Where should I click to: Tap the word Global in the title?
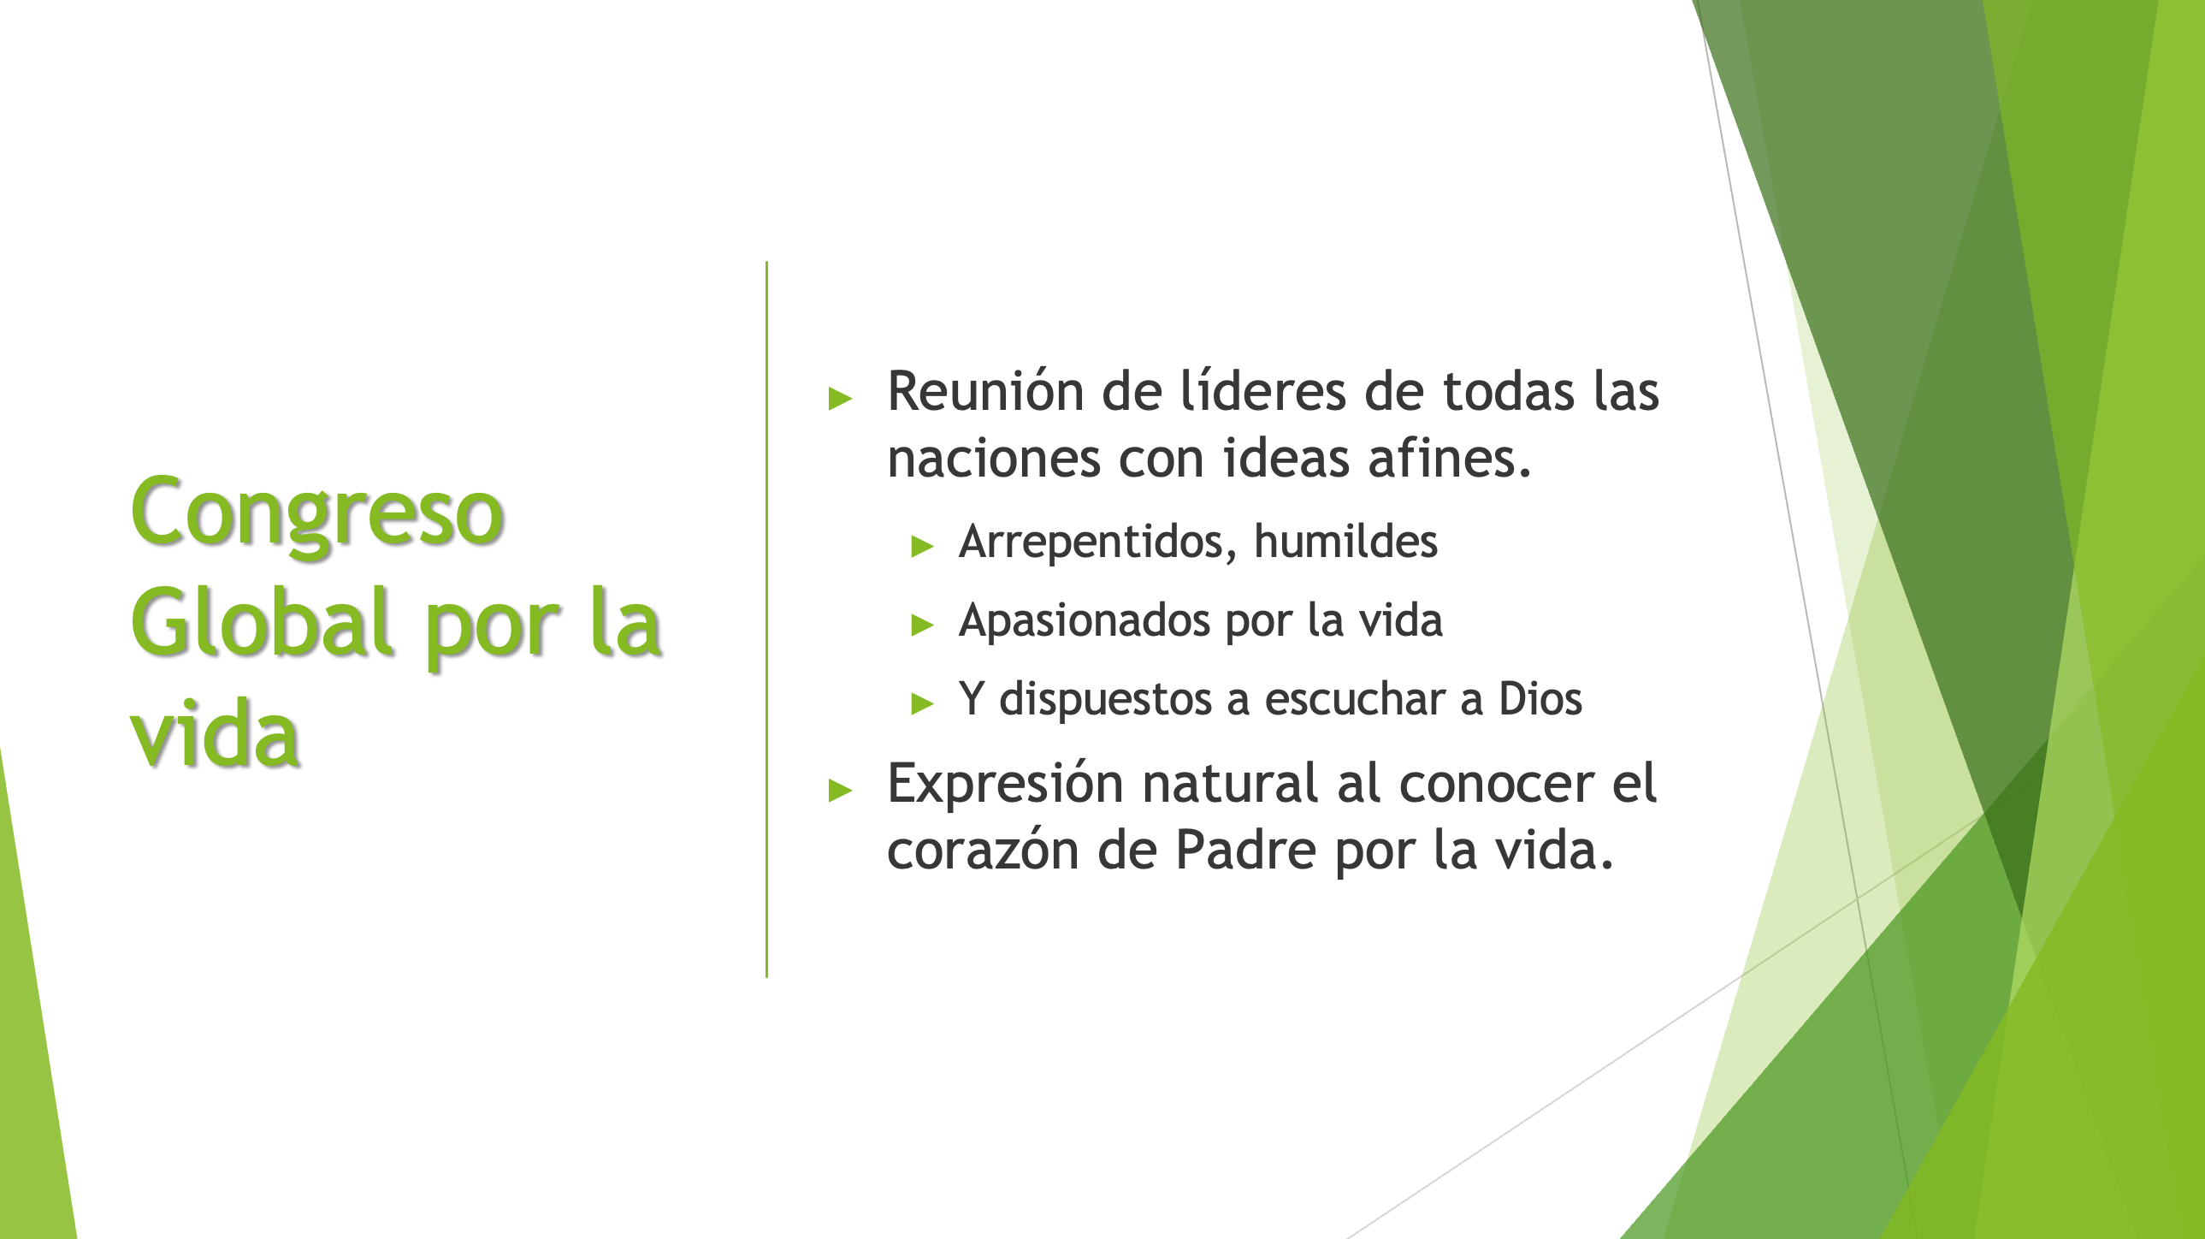(x=262, y=623)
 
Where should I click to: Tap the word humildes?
(x=1345, y=541)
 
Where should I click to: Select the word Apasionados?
(x=1085, y=621)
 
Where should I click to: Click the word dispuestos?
(x=1105, y=700)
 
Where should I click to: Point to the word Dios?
(x=1540, y=699)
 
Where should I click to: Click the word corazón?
(x=983, y=851)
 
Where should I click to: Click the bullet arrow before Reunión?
(x=840, y=398)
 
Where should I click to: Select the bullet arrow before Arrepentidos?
(x=922, y=546)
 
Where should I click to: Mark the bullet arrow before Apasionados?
(x=922, y=625)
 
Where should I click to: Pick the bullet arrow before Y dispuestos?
(x=922, y=704)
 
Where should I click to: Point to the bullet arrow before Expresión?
(x=840, y=791)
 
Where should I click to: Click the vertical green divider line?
(x=767, y=619)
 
